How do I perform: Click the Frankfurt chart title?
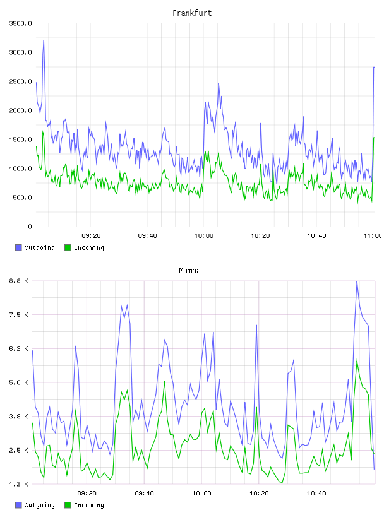pyautogui.click(x=192, y=13)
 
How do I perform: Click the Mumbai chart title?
pyautogui.click(x=191, y=271)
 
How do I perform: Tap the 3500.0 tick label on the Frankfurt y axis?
pyautogui.click(x=20, y=23)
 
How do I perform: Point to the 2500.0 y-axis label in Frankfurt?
pyautogui.click(x=20, y=81)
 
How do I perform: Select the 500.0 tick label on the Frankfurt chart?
pyautogui.click(x=22, y=198)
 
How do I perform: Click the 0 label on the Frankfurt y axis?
pyautogui.click(x=30, y=227)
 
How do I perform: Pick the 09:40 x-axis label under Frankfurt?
pyautogui.click(x=147, y=236)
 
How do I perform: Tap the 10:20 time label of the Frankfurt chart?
pyautogui.click(x=260, y=236)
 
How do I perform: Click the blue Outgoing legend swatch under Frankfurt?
pyautogui.click(x=18, y=247)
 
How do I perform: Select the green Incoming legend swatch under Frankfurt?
pyautogui.click(x=68, y=247)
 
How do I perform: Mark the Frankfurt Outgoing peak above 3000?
pyautogui.click(x=44, y=40)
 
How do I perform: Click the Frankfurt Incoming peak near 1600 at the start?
pyautogui.click(x=43, y=131)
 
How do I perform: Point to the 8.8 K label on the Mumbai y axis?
pyautogui.click(x=19, y=281)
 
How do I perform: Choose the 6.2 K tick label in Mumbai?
pyautogui.click(x=19, y=349)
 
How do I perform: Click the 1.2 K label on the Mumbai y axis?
pyautogui.click(x=19, y=484)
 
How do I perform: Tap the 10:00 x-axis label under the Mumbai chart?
pyautogui.click(x=201, y=494)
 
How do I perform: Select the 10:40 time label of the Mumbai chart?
pyautogui.click(x=316, y=494)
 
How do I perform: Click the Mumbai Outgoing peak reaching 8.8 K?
pyautogui.click(x=357, y=282)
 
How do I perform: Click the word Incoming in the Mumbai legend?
pyautogui.click(x=89, y=505)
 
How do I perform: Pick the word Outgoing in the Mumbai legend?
pyautogui.click(x=39, y=505)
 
